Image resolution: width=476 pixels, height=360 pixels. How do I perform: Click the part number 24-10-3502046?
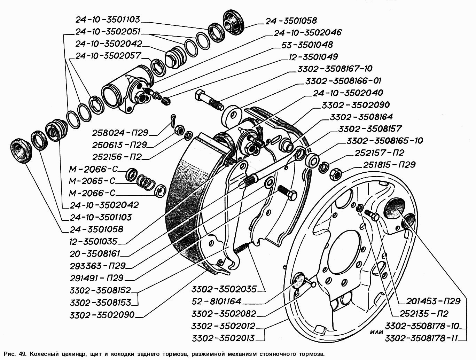pos(307,33)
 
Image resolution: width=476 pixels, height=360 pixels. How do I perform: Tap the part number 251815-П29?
pos(389,165)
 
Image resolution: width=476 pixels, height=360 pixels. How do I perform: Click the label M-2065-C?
pos(92,181)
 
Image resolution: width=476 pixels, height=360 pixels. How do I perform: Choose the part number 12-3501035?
pos(93,241)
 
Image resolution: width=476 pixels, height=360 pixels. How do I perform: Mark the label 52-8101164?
pos(216,302)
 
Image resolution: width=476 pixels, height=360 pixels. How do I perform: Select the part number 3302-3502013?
pos(223,338)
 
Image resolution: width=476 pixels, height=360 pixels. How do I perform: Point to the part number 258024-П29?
pos(120,133)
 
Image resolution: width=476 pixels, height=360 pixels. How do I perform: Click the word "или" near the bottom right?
pos(376,332)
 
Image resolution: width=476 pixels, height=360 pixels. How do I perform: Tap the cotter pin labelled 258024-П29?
pos(174,120)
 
